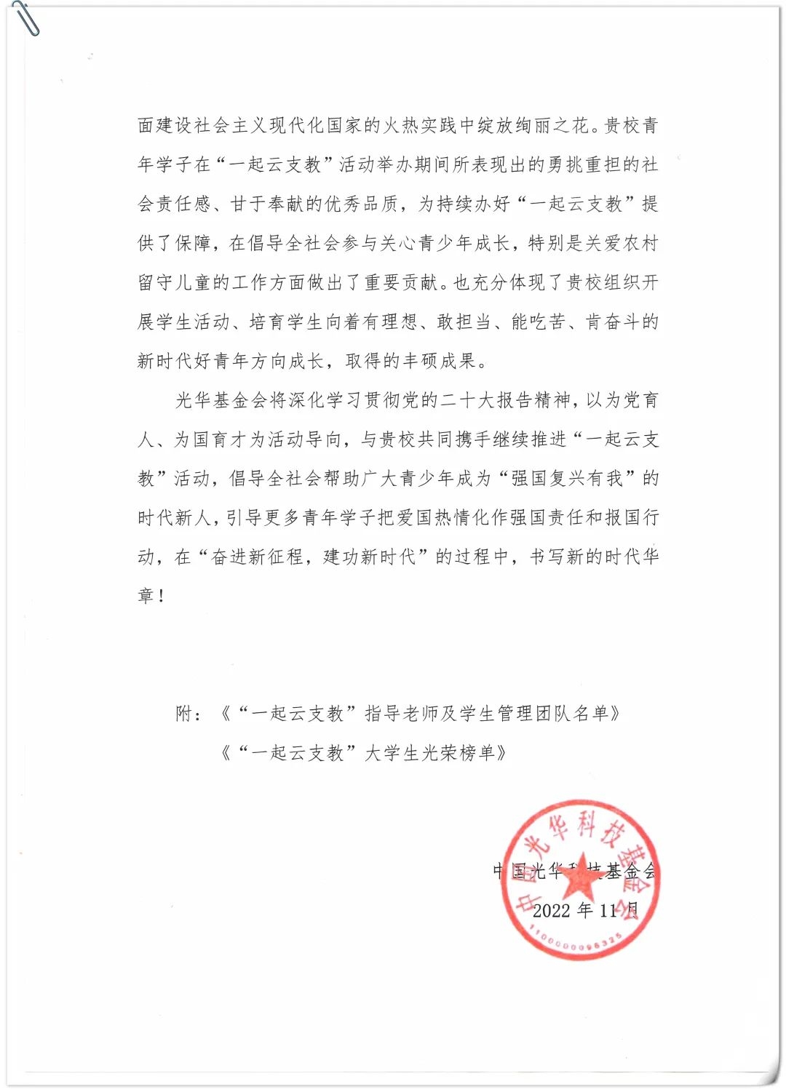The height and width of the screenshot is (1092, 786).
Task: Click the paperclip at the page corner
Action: (x=25, y=18)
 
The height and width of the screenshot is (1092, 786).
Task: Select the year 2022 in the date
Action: (x=552, y=910)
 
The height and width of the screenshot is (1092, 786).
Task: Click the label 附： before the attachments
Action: (x=188, y=714)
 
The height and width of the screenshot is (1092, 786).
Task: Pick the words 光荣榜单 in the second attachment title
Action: (x=459, y=753)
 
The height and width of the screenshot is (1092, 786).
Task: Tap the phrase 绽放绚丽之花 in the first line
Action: (x=533, y=125)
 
